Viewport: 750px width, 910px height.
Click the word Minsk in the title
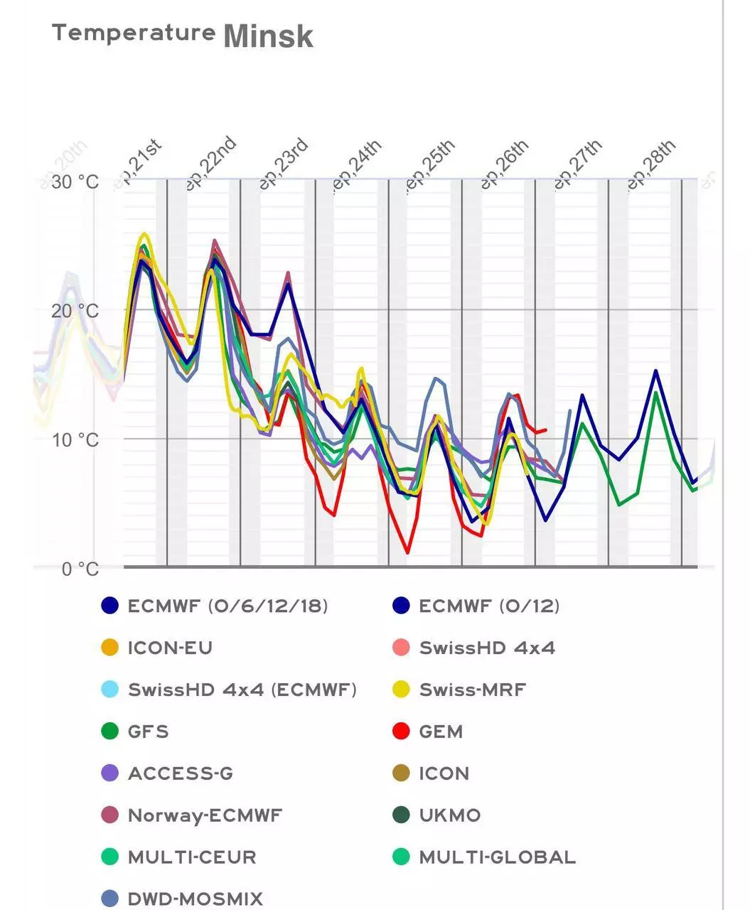[268, 36]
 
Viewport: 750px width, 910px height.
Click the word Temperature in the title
[134, 32]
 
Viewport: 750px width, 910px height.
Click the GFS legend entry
[148, 732]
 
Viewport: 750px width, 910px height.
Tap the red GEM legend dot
[402, 731]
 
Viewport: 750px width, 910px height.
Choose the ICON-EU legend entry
[169, 648]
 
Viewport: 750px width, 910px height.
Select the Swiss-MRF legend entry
[472, 690]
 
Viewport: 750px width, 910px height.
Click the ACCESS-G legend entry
[180, 773]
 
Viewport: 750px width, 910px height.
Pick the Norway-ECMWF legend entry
[205, 815]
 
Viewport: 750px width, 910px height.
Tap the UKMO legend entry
[449, 815]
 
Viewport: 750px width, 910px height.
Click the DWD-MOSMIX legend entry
[195, 899]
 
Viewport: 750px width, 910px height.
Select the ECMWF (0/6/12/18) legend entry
[227, 606]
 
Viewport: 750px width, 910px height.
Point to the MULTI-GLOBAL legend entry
[497, 857]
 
